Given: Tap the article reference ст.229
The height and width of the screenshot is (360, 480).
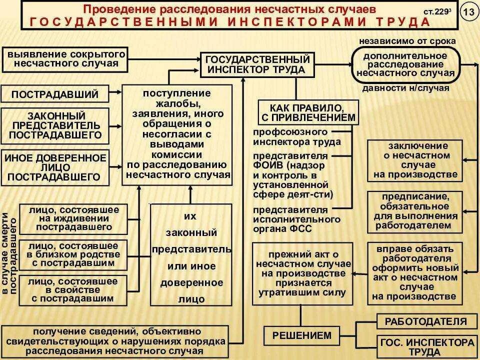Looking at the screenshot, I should tap(434, 11).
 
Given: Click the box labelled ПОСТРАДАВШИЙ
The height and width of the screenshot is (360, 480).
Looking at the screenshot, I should tap(54, 94).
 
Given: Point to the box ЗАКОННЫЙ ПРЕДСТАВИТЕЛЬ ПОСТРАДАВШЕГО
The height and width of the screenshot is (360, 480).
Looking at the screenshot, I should tap(54, 124).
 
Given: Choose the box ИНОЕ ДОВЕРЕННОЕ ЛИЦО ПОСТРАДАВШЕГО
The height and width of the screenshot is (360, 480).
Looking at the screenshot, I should tap(55, 167).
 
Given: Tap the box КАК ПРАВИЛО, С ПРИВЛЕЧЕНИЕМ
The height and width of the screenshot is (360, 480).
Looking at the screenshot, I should tap(308, 112).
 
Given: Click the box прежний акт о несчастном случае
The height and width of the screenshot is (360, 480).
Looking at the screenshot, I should tap(301, 273).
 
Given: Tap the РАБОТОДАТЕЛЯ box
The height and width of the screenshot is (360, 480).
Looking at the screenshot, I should tap(425, 321).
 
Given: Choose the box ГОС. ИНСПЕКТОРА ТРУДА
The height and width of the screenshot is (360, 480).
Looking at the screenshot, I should tap(425, 347).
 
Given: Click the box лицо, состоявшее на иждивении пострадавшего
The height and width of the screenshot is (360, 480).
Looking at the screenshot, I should tap(73, 218).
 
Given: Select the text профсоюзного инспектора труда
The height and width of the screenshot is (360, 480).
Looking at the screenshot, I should tap(297, 136).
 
